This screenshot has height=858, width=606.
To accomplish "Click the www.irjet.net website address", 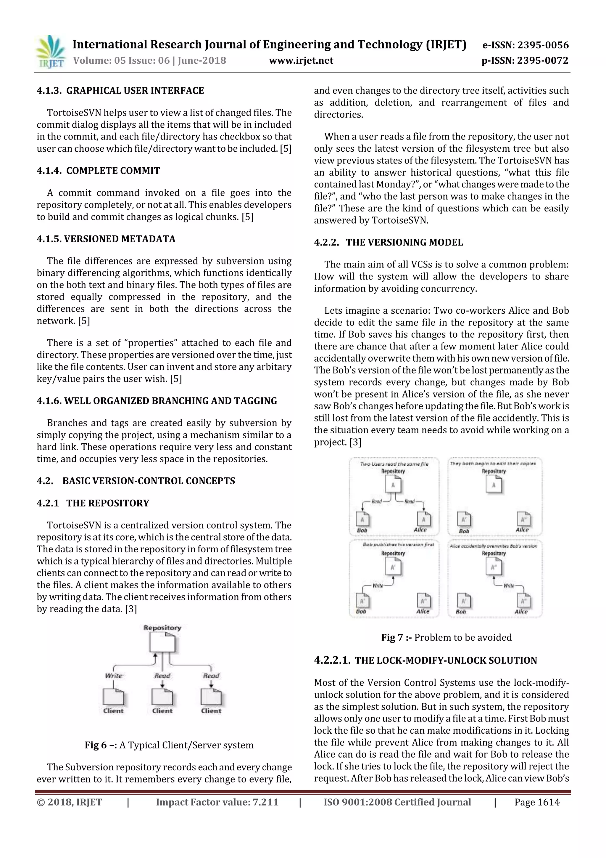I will click(301, 60).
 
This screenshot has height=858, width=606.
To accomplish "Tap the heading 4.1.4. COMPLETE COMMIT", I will click(98, 171).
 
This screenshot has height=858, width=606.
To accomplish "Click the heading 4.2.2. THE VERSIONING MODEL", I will click(388, 243).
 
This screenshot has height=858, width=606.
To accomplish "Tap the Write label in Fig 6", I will click(114, 676).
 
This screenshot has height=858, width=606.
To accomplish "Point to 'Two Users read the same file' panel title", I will click(394, 464).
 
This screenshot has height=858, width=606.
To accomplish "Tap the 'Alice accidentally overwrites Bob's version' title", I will click(493, 546).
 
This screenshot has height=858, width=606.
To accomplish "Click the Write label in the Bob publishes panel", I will click(378, 586).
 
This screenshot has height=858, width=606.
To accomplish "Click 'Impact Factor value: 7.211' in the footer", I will click(217, 802).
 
